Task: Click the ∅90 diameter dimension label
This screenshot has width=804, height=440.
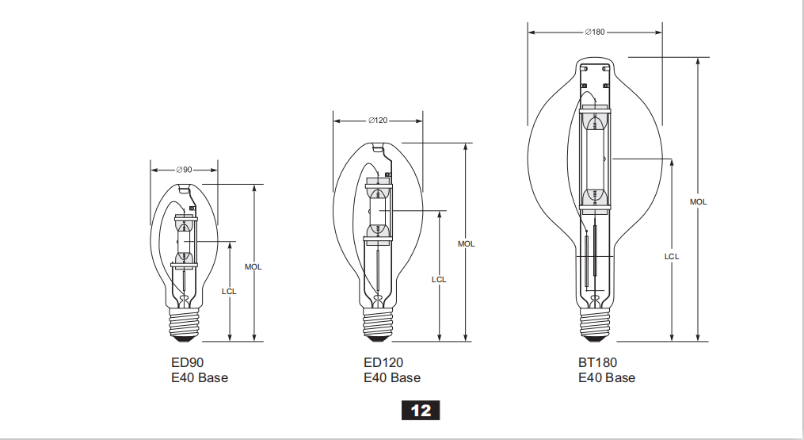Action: click(x=184, y=170)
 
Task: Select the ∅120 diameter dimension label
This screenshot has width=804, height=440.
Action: click(x=378, y=121)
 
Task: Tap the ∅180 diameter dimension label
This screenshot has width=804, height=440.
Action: click(x=595, y=32)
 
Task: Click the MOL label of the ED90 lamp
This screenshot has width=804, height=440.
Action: click(x=253, y=267)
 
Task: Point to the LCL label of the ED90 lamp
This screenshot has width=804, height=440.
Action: click(x=229, y=291)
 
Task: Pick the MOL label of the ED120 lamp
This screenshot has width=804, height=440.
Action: click(x=466, y=244)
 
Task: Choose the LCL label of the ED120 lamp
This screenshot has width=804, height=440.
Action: click(x=439, y=279)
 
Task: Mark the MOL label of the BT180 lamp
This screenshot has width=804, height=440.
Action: click(x=699, y=202)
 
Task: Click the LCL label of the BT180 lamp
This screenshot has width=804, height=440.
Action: click(x=672, y=256)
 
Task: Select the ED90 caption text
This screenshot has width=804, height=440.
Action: click(x=187, y=362)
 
